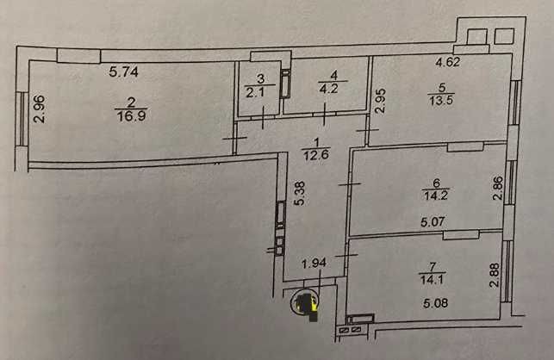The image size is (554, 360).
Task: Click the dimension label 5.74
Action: coord(124,71)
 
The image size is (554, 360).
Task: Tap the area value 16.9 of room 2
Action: coord(132,116)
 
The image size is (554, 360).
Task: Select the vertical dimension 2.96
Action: coord(40,109)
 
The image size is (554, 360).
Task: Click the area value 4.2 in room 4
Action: coord(328,89)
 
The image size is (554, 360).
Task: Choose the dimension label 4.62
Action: coord(448,62)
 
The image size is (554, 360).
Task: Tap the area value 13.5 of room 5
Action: coord(441,100)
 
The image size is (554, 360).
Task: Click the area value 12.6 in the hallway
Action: coord(316,155)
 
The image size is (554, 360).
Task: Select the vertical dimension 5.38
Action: coord(300,193)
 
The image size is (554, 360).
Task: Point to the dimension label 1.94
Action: coord(314,264)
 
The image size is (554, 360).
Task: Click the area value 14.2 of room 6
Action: coord(436,196)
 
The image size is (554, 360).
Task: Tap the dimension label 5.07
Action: coord(433,222)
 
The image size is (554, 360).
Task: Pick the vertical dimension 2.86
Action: coord(497,189)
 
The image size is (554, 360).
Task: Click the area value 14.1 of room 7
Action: coord(432,280)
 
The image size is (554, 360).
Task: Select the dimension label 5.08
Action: coord(435,303)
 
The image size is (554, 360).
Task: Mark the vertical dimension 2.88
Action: coord(495,275)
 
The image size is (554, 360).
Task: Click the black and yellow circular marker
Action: coord(304,302)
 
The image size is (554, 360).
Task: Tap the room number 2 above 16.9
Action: coord(131,102)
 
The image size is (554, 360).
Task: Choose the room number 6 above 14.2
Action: coord(437,183)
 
